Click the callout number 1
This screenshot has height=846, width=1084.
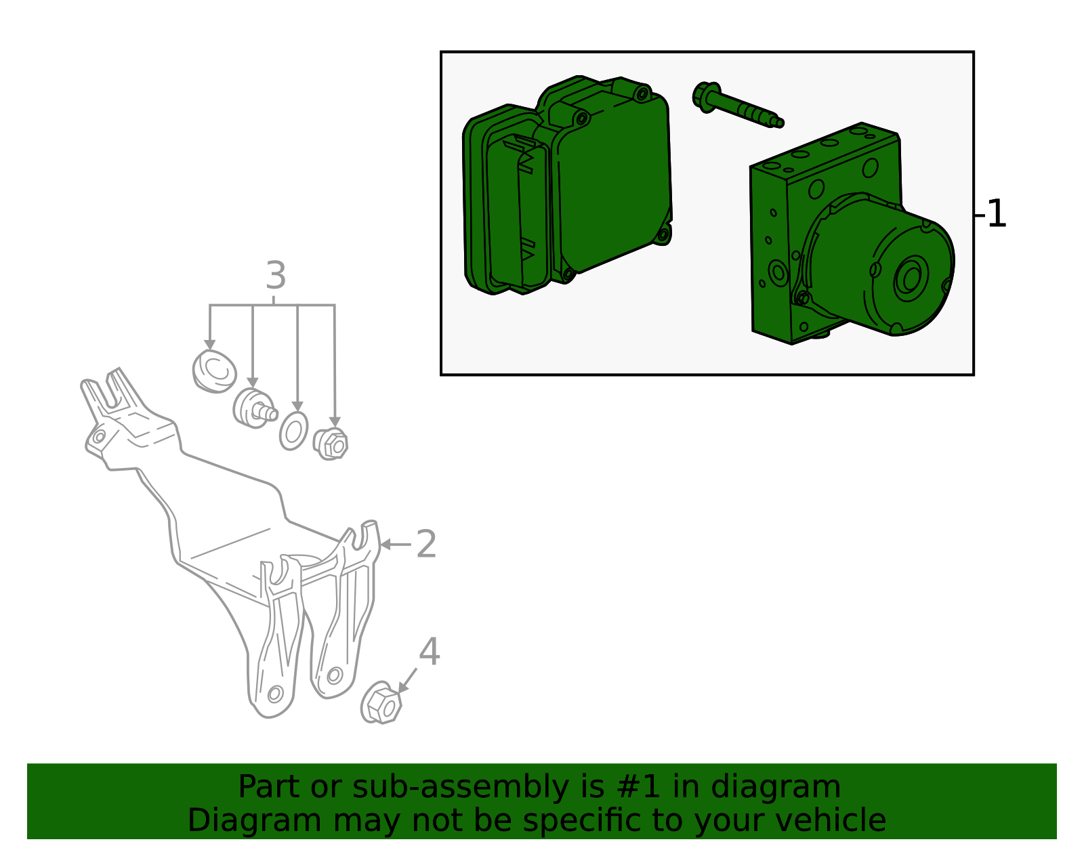pos(997,215)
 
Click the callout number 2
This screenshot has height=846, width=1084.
pos(426,545)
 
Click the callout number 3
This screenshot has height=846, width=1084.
pos(275,276)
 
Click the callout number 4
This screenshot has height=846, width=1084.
pos(430,652)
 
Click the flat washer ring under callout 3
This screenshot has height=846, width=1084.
pos(293,431)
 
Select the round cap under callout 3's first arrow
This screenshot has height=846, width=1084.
pos(214,371)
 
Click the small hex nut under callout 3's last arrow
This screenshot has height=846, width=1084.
pos(331,444)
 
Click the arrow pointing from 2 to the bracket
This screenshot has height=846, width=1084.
pos(395,544)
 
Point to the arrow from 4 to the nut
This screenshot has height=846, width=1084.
pos(408,680)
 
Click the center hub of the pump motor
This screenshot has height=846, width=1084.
pos(911,278)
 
